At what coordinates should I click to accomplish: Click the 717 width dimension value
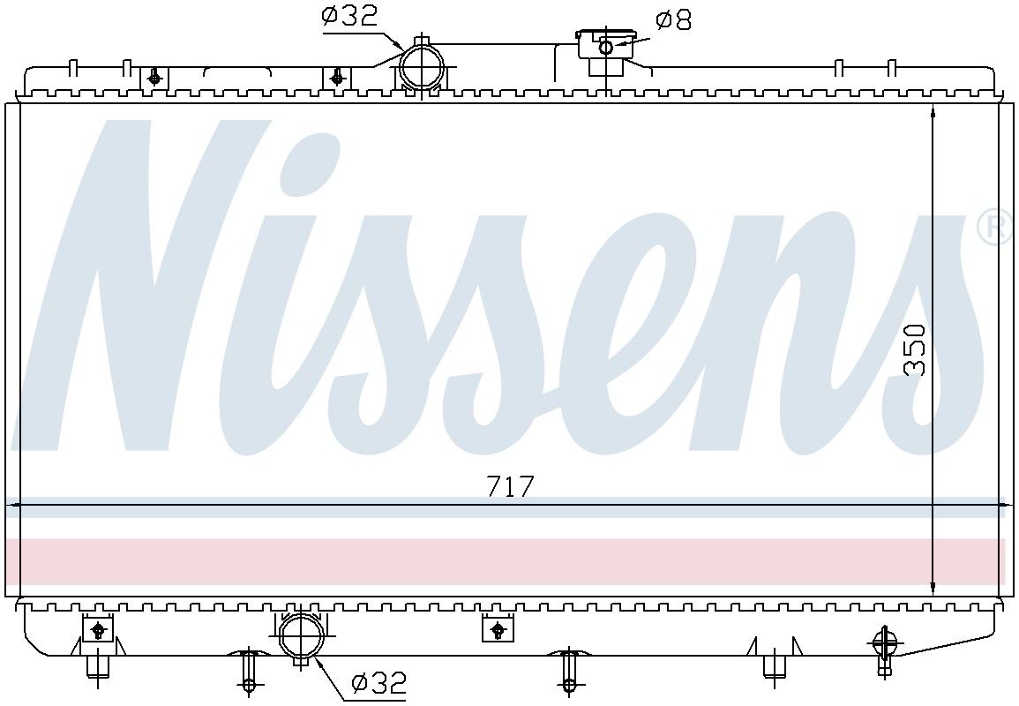(x=511, y=486)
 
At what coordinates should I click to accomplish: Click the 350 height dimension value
(x=915, y=349)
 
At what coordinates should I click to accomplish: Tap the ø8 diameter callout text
(x=673, y=21)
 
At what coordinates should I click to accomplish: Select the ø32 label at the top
(x=349, y=16)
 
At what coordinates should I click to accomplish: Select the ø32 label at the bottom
(x=378, y=682)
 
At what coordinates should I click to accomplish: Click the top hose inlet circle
(x=422, y=66)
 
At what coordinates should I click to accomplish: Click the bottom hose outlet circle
(x=302, y=637)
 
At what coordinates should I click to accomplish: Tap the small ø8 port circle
(x=606, y=47)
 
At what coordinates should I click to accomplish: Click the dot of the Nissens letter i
(x=311, y=162)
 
